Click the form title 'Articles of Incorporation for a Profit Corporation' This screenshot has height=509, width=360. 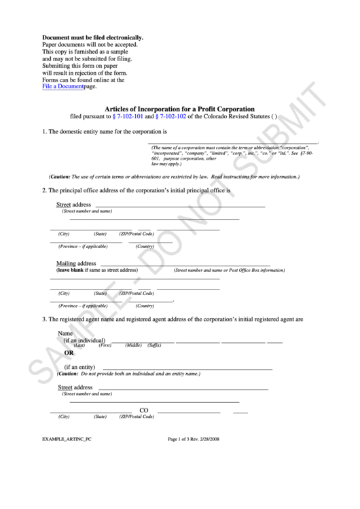click(x=179, y=108)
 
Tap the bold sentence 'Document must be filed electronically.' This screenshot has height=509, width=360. click(x=92, y=37)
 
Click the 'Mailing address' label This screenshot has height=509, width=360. click(x=75, y=263)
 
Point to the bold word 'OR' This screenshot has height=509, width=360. click(x=69, y=353)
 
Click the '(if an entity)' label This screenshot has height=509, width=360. click(x=79, y=367)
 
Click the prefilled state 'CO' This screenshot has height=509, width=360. click(x=144, y=410)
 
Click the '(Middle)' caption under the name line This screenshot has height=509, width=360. click(x=133, y=346)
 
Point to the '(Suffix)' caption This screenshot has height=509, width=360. click(x=154, y=346)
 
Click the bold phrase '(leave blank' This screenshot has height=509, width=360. click(x=72, y=270)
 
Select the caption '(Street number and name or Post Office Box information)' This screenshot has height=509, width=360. click(x=229, y=270)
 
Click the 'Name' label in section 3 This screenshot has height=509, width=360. click(x=65, y=334)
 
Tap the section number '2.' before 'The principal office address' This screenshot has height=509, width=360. click(x=44, y=190)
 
